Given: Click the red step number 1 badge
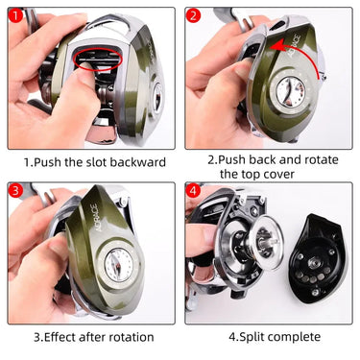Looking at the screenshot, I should click(17, 16).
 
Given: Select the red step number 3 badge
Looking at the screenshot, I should click(17, 192).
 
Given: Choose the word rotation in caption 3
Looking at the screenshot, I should click(131, 337).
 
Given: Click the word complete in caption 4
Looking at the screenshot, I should click(298, 337).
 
